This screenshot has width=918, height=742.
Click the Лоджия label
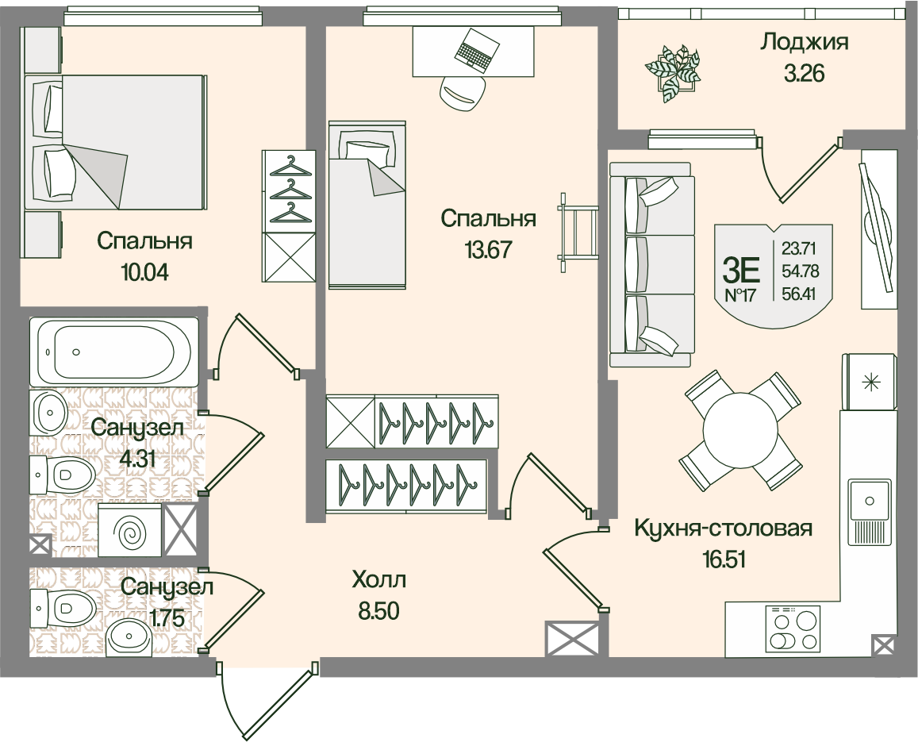[804, 42]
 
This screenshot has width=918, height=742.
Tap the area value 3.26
[804, 74]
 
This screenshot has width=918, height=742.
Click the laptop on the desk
[477, 48]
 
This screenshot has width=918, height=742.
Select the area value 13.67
[487, 250]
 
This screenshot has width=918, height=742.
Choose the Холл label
[379, 580]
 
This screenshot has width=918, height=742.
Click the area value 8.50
[379, 611]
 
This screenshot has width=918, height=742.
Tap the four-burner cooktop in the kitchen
[793, 629]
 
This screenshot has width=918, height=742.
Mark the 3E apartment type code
[742, 271]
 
